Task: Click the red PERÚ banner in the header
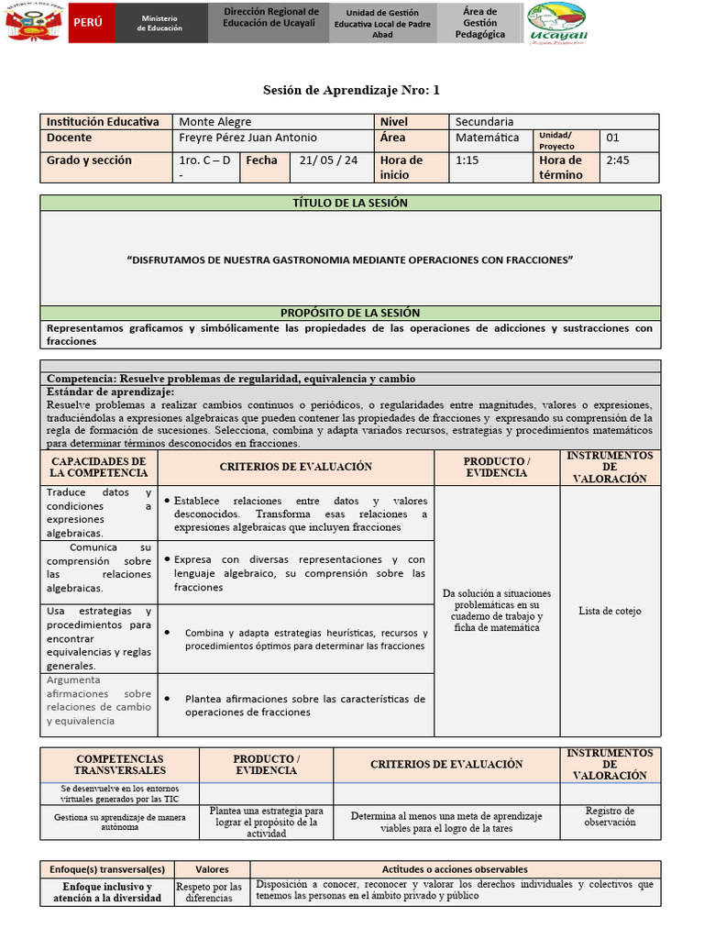tap(89, 22)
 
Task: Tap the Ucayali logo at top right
tap(559, 23)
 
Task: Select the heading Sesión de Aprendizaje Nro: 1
tap(352, 90)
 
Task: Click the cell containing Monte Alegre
tap(214, 121)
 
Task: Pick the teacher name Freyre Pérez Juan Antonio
tap(247, 138)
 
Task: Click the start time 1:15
tap(467, 160)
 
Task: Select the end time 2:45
tap(619, 160)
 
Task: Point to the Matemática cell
tap(487, 138)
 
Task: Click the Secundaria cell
tap(484, 121)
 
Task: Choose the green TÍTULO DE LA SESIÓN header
tap(350, 203)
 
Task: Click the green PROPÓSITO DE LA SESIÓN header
tap(350, 313)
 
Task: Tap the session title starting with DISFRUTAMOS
tap(350, 260)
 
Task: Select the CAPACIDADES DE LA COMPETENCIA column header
tap(99, 467)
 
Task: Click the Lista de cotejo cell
tap(610, 611)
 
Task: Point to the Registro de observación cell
tap(610, 816)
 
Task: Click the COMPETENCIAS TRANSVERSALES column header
tap(119, 765)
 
